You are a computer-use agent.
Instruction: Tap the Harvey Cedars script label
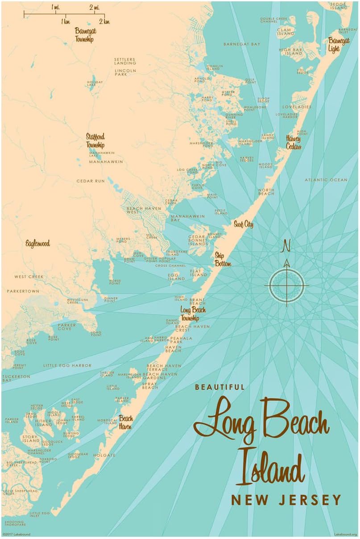click(x=294, y=142)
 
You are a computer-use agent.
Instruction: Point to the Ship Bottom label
click(x=223, y=259)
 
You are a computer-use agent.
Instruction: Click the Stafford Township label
click(x=95, y=141)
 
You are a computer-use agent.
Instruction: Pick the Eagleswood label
click(x=37, y=244)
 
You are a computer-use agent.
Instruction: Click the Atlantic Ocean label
click(x=326, y=180)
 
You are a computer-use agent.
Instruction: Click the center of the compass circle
click(x=287, y=285)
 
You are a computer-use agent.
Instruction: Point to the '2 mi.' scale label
click(x=94, y=7)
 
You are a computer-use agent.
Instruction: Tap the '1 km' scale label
click(x=65, y=21)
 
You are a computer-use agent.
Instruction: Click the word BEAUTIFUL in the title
click(x=219, y=387)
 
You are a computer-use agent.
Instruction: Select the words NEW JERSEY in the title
click(x=286, y=500)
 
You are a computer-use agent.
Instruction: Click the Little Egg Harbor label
click(x=67, y=365)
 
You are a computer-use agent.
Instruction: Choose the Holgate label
click(x=104, y=455)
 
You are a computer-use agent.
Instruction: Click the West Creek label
click(x=29, y=277)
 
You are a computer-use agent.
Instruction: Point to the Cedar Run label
click(x=91, y=181)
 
